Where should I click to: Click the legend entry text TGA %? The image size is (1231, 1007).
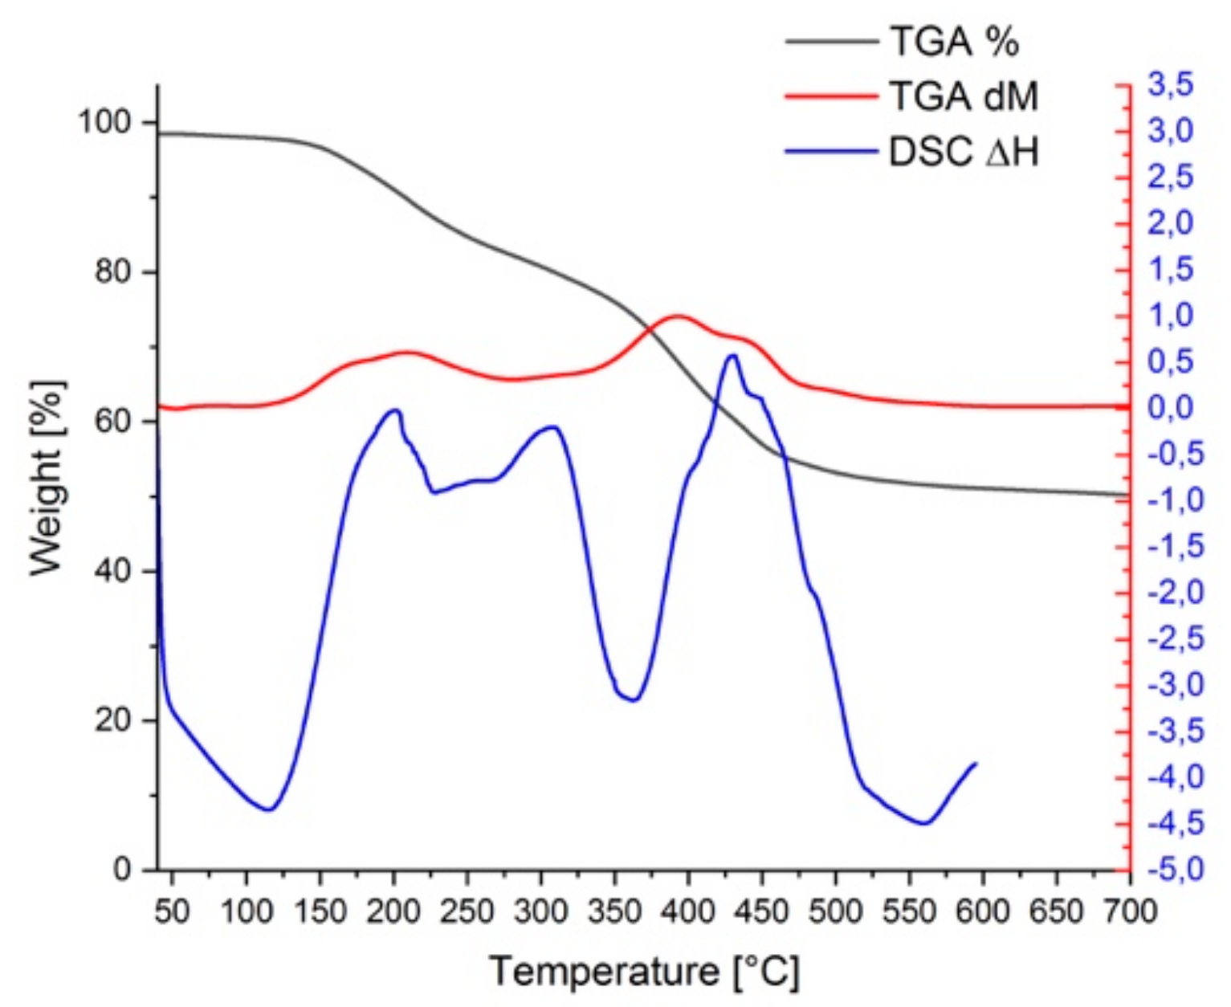[x=953, y=42]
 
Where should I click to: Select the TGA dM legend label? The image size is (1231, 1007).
[x=963, y=96]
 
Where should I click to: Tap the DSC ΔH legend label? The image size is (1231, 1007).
[x=963, y=152]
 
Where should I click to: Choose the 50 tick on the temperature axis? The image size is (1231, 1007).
[x=172, y=911]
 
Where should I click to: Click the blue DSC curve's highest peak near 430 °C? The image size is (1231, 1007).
[x=732, y=355]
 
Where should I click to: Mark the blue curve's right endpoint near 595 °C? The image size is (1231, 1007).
[x=976, y=763]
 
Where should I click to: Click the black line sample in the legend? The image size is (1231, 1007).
[x=831, y=42]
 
